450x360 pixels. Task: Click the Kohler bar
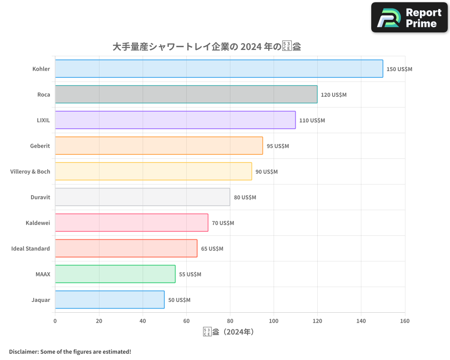[x=219, y=69]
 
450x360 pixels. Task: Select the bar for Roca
[x=186, y=94]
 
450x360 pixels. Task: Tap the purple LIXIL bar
[x=175, y=120]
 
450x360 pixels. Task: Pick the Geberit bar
[x=159, y=146]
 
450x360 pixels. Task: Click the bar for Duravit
[x=142, y=197]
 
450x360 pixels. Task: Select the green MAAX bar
[x=115, y=274]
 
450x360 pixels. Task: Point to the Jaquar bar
[x=110, y=300]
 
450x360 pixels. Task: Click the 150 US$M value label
[x=399, y=69]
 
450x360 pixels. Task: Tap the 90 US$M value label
[x=266, y=172]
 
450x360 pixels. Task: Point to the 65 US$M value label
[x=212, y=249]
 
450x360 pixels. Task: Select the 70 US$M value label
[x=223, y=223]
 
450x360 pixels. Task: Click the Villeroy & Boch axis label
[x=30, y=171]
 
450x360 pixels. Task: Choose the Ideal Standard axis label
[x=31, y=248]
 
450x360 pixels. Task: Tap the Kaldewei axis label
[x=38, y=223]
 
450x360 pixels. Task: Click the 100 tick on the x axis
[x=274, y=321]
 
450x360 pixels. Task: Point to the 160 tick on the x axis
[x=405, y=321]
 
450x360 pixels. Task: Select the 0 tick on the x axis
[x=55, y=321]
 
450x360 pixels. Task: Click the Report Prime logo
[x=409, y=18]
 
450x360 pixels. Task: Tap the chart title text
[x=207, y=47]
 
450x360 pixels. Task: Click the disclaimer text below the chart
[x=70, y=351]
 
